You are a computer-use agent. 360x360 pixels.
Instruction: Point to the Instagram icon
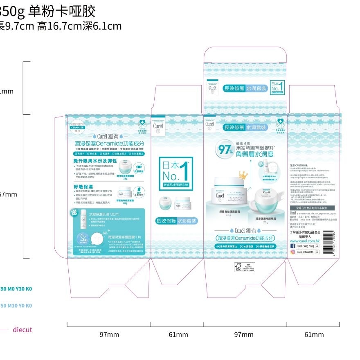coord(292,252)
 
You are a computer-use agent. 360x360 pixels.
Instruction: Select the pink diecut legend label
coord(22,330)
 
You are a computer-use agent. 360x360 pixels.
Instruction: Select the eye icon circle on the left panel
coord(138,167)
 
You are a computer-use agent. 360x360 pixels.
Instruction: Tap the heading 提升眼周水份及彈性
coord(95,161)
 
